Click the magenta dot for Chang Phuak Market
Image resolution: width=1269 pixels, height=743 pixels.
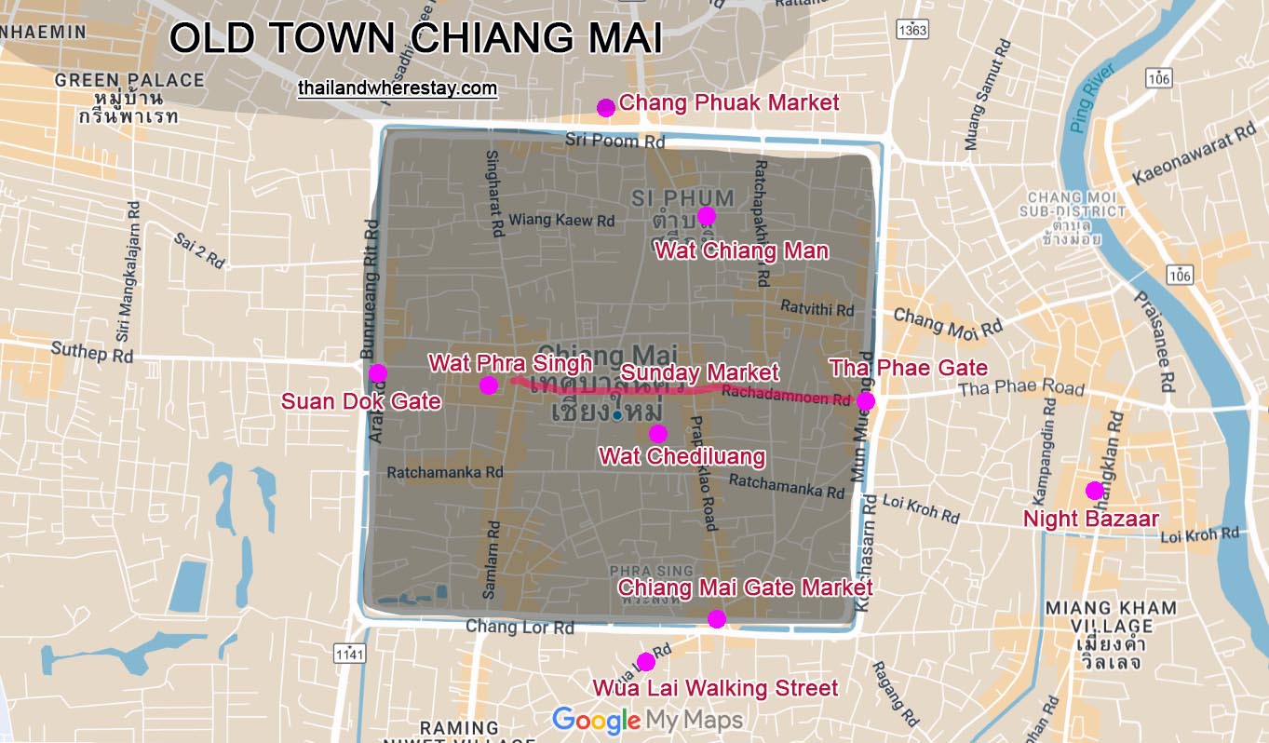[x=605, y=107]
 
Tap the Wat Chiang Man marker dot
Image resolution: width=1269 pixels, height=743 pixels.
[x=706, y=216]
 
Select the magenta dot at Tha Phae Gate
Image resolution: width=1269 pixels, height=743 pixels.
[x=865, y=400]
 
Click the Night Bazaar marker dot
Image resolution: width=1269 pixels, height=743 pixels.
[x=1094, y=491]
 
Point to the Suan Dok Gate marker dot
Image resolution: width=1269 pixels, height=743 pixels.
[x=377, y=373]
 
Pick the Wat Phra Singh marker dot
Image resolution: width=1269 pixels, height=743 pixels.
[x=488, y=385]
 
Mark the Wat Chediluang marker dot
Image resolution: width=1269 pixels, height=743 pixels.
[x=657, y=433]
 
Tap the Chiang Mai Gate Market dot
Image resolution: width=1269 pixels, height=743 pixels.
[x=716, y=619]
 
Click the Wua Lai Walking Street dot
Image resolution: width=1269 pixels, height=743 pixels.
[x=645, y=662]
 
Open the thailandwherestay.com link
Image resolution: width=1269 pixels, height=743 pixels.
[x=398, y=89]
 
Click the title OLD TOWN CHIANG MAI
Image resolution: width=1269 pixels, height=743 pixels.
[x=415, y=39]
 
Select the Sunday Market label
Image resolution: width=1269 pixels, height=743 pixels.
[x=699, y=372]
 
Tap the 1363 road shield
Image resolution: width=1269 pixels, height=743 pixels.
[x=913, y=31]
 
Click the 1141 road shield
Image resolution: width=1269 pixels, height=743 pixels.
[x=349, y=655]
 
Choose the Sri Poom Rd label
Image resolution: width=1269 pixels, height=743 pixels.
[x=615, y=141]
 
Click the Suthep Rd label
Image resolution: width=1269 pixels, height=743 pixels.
[x=91, y=354]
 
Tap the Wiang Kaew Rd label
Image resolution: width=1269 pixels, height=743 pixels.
[x=562, y=221]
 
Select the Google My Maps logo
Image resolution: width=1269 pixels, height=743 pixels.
[x=647, y=720]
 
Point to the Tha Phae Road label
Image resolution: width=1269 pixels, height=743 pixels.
[x=1021, y=388]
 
